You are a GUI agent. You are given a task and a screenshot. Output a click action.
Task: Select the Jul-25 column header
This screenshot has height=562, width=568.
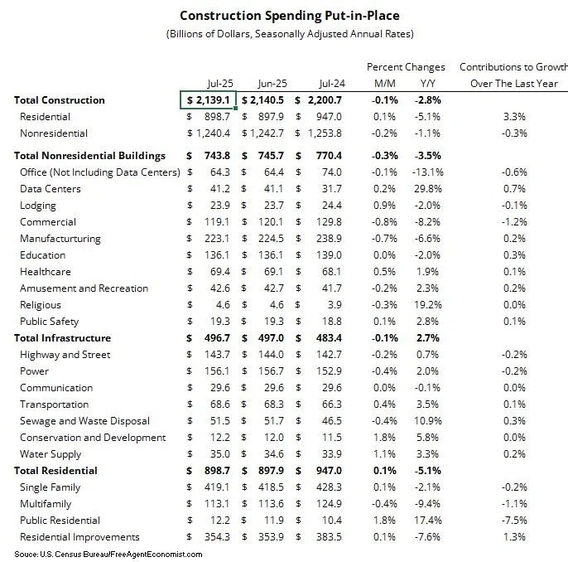pyautogui.click(x=219, y=83)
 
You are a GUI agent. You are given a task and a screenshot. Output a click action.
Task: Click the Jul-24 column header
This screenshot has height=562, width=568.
pyautogui.click(x=329, y=83)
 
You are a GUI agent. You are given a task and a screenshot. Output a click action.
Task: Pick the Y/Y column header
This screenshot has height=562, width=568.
pyautogui.click(x=428, y=83)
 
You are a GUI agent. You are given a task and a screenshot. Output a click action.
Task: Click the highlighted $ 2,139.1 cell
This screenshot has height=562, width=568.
pyautogui.click(x=209, y=100)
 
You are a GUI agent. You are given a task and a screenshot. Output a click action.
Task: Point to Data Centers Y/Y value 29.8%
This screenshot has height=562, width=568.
pyautogui.click(x=429, y=189)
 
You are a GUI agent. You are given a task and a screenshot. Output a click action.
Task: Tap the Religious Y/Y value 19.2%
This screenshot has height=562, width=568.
pyautogui.click(x=429, y=305)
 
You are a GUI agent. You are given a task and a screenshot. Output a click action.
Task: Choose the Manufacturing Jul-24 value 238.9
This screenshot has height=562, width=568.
pyautogui.click(x=329, y=239)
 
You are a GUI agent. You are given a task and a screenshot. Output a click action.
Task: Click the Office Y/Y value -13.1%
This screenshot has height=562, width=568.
pyautogui.click(x=427, y=172)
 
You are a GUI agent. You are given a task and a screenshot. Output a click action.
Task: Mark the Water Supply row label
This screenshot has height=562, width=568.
pyautogui.click(x=51, y=454)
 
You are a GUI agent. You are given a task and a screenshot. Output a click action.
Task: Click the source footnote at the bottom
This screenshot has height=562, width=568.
pyautogui.click(x=108, y=553)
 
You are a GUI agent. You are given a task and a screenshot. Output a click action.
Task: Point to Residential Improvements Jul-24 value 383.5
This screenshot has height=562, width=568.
pyautogui.click(x=329, y=537)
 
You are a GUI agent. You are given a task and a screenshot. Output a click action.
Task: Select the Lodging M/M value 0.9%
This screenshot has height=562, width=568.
pyautogui.click(x=386, y=206)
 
